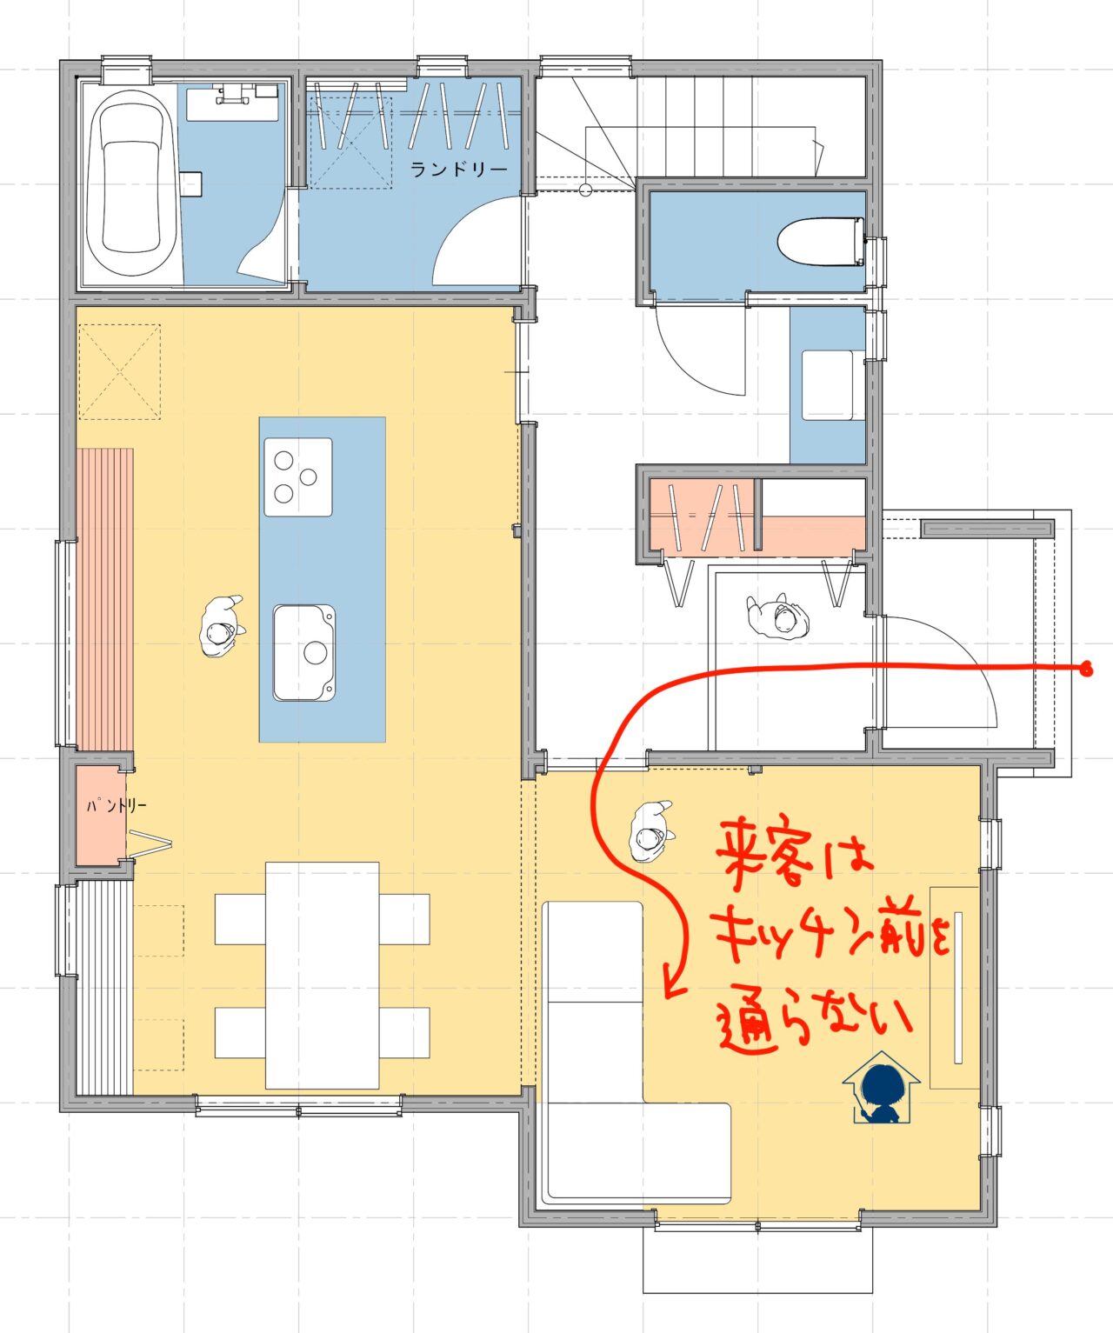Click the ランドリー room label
coord(458,170)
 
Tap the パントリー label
coord(117,805)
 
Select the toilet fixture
coord(821,242)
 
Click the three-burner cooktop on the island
coord(298,477)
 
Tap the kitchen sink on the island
coord(304,652)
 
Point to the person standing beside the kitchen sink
coord(222,626)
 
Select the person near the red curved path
coord(651,830)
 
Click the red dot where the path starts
coord(1086,670)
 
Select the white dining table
coord(323,975)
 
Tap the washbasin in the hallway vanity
coord(828,385)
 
